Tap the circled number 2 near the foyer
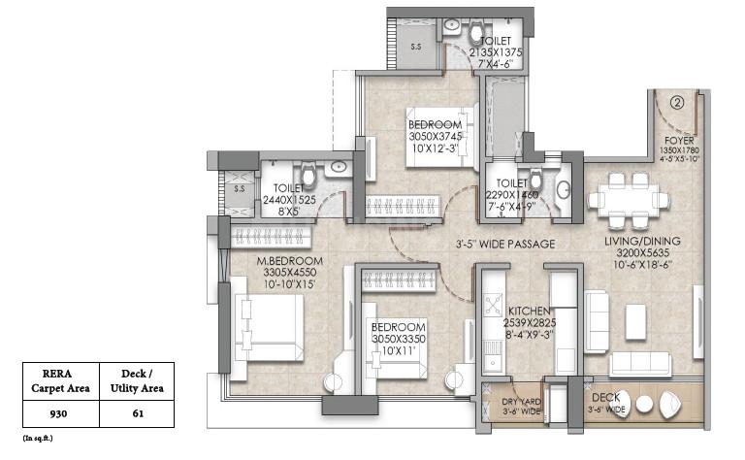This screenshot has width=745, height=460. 678,99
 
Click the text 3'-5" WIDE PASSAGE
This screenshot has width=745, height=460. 506,245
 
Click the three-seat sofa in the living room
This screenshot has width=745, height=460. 640,365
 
